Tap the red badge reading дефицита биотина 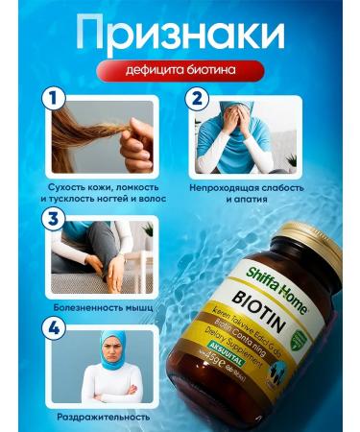(x=179, y=72)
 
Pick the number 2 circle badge (x=198, y=99)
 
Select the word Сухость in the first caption (x=54, y=189)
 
